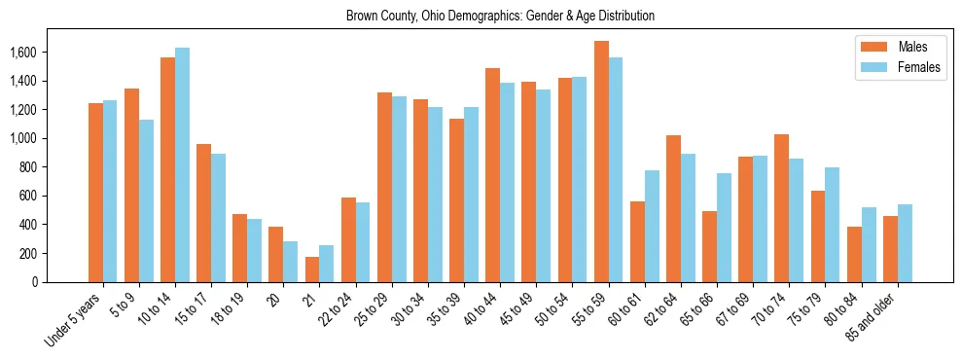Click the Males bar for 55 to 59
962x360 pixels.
pos(601,162)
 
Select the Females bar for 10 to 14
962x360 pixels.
pos(182,164)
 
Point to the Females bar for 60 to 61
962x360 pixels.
pos(652,226)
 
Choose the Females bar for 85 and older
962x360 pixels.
pos(905,243)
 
